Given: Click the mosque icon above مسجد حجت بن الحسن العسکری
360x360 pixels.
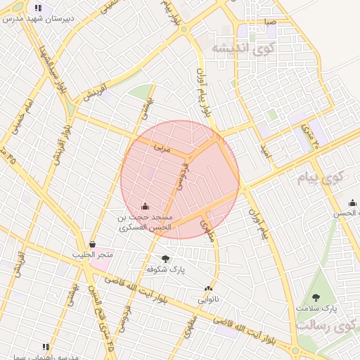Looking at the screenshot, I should pos(146,206).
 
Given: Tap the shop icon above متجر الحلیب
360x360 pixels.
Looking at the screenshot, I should pos(92,244).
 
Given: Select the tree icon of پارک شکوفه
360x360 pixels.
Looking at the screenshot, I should pos(166,259).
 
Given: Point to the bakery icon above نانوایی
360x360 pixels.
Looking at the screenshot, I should pos(208,288).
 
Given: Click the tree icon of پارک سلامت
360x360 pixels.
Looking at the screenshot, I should pos(315,297).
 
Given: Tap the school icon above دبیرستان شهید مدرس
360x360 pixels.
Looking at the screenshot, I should pos(37,8).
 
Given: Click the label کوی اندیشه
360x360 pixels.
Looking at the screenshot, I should pos(243,48).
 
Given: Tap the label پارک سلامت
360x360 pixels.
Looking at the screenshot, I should pos(316,308).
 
